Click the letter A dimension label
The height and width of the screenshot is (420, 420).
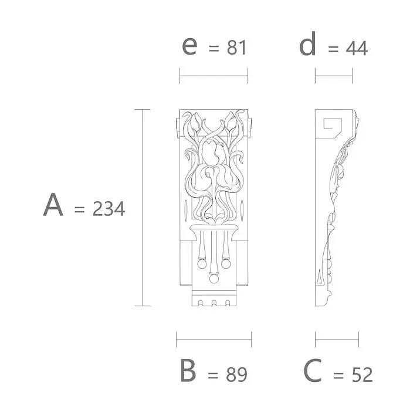click(x=53, y=204)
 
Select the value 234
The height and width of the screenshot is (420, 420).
click(x=109, y=209)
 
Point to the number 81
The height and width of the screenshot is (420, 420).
click(x=236, y=48)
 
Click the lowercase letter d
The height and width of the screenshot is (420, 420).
click(x=307, y=43)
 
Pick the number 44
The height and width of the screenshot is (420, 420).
click(x=357, y=49)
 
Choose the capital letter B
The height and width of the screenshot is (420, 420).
click(x=188, y=371)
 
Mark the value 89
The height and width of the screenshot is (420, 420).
click(x=236, y=374)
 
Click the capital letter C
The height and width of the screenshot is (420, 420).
click(x=312, y=371)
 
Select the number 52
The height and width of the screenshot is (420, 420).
click(x=362, y=374)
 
